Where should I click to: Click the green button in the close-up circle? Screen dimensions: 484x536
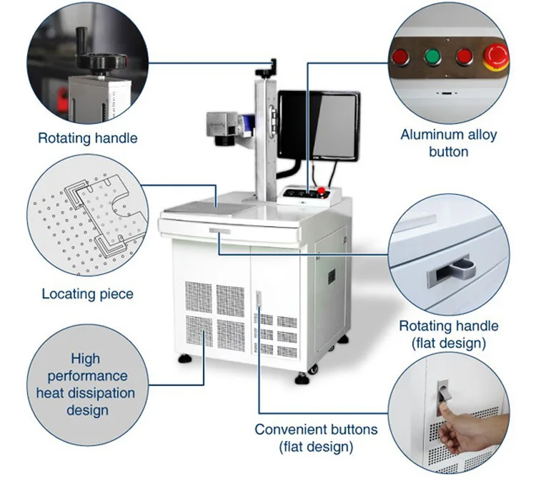click(432, 57)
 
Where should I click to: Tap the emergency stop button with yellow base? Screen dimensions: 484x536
click(495, 56)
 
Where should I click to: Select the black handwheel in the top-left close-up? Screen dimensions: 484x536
click(97, 62)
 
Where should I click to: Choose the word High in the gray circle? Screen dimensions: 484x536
click(85, 359)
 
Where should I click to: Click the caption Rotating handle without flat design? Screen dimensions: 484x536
click(87, 138)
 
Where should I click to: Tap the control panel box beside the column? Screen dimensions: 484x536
click(312, 195)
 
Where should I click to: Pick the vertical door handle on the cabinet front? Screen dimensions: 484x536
click(259, 300)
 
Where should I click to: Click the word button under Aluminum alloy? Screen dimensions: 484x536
click(448, 151)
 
